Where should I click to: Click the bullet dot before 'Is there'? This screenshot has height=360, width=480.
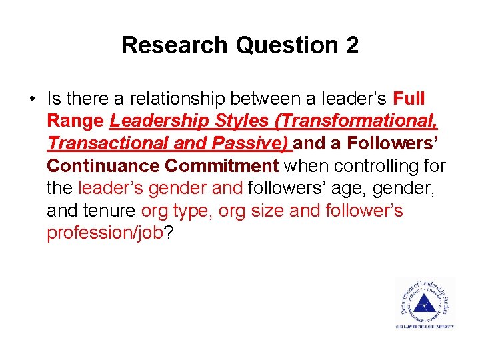(31, 99)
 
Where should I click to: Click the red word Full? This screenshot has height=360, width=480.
(409, 99)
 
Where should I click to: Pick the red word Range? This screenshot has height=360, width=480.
(75, 121)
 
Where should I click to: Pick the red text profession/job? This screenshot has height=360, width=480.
(105, 233)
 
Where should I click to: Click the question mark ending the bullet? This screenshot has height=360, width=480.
(168, 233)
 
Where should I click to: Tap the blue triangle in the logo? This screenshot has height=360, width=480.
(421, 305)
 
